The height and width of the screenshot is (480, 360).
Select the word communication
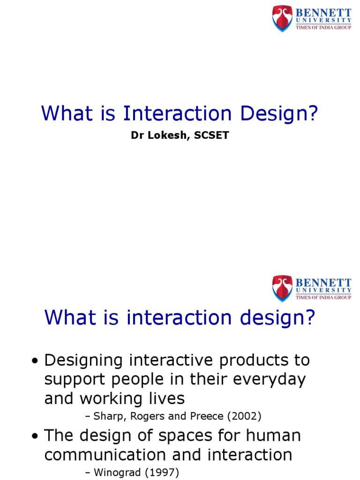tap(105, 455)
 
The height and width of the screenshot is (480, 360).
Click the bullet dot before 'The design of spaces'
tap(35, 437)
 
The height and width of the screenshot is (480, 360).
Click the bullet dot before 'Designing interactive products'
tap(35, 362)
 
